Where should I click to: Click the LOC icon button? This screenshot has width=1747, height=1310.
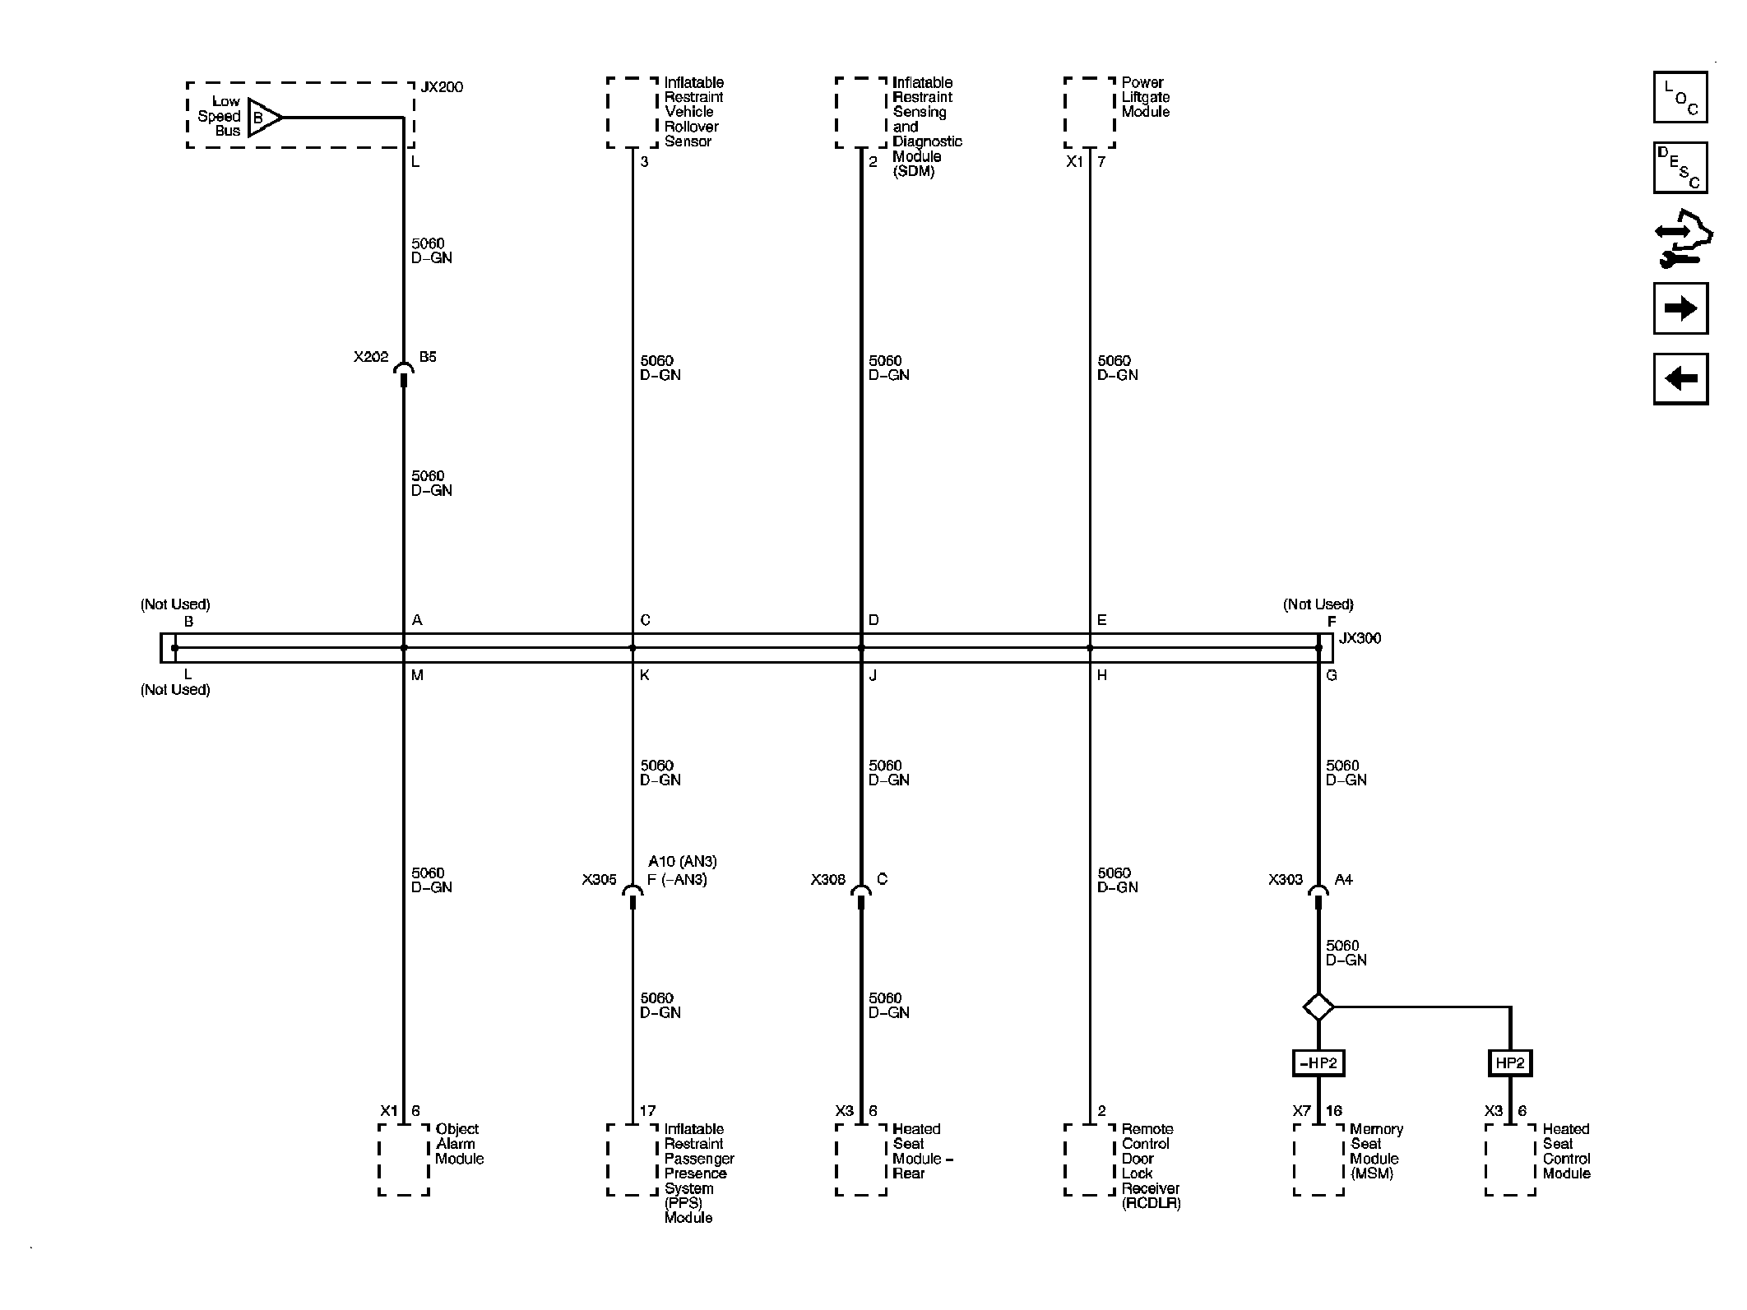pos(1680,98)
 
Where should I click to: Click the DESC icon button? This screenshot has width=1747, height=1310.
pos(1680,168)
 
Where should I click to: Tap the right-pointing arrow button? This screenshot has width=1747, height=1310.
pos(1680,308)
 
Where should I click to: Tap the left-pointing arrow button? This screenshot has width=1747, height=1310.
pos(1680,379)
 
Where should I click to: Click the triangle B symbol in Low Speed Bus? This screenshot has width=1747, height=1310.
pos(262,118)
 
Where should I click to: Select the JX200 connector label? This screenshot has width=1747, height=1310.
pos(442,87)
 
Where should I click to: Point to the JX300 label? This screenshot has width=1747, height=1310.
pos(1360,638)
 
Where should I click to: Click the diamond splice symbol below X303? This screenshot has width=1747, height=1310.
pos(1318,1007)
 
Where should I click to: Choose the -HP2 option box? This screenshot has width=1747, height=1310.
pos(1318,1063)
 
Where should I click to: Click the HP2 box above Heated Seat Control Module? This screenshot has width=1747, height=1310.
pos(1510,1063)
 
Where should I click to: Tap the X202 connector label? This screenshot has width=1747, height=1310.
pos(371,357)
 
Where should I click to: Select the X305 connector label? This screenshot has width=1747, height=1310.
pos(599,880)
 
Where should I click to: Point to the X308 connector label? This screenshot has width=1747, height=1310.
pos(827,880)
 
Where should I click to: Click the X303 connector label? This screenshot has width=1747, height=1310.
pos(1285,880)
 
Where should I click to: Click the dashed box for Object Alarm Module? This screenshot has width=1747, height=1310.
pos(404,1160)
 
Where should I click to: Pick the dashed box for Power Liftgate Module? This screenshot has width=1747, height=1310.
pos(1090,113)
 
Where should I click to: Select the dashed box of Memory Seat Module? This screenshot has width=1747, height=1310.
pos(1318,1160)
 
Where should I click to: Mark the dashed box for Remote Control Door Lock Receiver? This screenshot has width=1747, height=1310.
pos(1090,1160)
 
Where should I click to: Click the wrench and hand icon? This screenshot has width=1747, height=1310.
pos(1682,239)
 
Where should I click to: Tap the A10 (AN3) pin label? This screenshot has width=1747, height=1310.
pos(682,862)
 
